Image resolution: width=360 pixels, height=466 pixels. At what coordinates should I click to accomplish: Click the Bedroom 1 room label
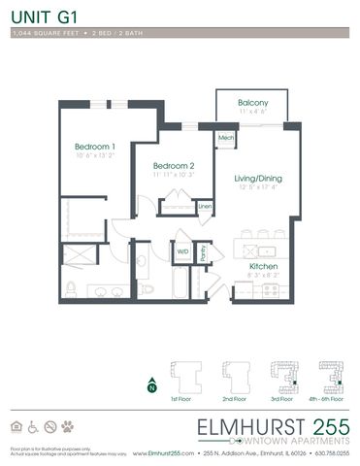pos(95,148)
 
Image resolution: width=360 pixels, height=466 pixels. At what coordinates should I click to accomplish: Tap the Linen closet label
pos(205,207)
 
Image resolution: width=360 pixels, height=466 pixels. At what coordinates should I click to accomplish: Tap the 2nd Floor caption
pos(234,399)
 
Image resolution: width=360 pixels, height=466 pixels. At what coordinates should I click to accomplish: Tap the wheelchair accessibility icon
pos(33,425)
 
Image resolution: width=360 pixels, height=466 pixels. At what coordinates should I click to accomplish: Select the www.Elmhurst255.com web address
pos(157,452)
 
